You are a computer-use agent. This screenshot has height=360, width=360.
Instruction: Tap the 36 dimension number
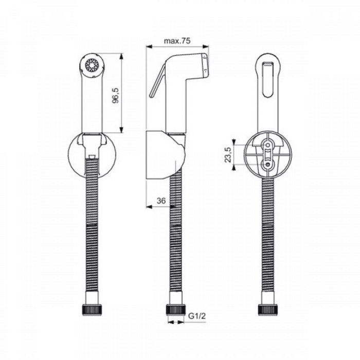160,201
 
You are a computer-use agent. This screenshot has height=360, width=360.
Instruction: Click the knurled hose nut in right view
267,310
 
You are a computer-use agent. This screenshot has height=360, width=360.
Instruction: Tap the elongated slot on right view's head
267,77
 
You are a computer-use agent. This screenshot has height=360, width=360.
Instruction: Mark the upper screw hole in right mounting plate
267,145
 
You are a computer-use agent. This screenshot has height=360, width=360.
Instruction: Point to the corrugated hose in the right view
267,237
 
